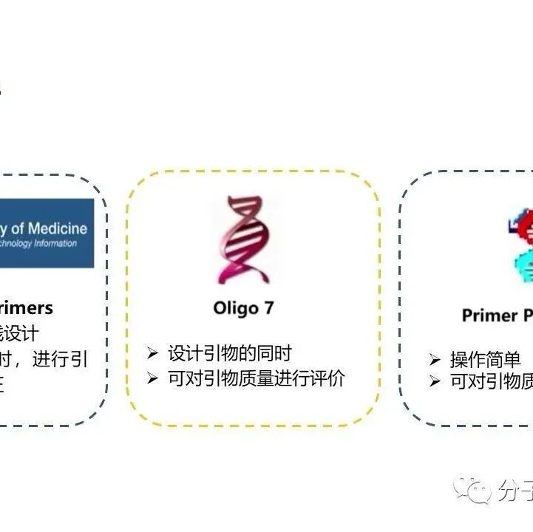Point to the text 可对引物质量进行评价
point(257,378)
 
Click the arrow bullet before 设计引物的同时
point(153,353)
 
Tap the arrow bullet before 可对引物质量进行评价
point(153,378)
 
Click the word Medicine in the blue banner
point(57,228)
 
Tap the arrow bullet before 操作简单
point(435,360)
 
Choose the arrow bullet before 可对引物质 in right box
point(435,381)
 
